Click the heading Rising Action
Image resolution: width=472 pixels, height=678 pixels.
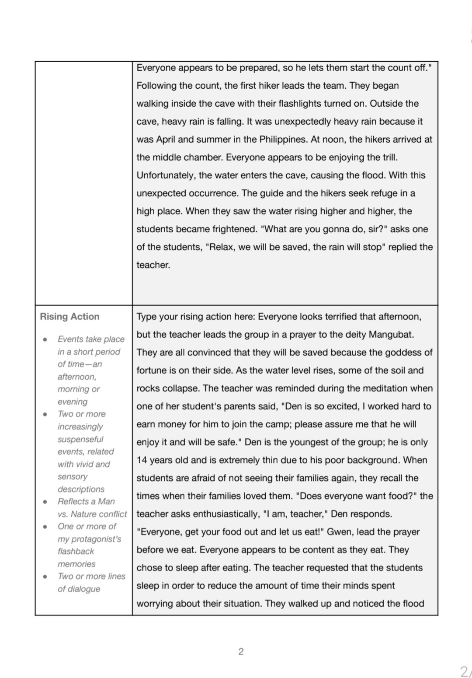pos(69,316)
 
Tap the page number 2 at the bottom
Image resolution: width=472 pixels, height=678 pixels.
pos(241,652)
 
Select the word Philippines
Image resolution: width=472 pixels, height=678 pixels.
pos(283,140)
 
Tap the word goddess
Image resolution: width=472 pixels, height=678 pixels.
pos(399,353)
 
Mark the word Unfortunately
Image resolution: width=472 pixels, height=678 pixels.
pos(165,175)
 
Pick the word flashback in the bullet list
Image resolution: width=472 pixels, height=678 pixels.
pos(76,551)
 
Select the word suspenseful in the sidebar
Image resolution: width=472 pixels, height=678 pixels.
pos(80,439)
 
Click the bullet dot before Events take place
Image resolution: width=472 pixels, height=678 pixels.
pos(45,339)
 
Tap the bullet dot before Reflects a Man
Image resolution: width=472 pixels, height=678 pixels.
pos(45,502)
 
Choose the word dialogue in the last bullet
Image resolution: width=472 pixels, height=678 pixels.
pos(79,589)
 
